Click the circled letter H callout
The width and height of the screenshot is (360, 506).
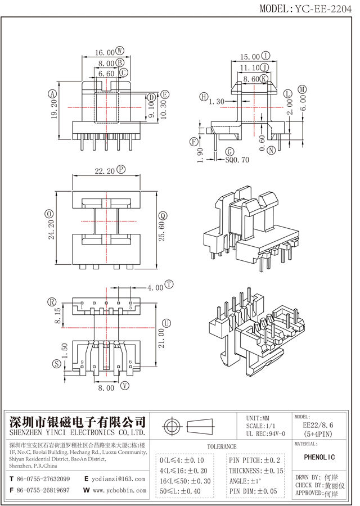click(203, 97)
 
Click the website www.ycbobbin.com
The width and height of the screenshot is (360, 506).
click(118, 490)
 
